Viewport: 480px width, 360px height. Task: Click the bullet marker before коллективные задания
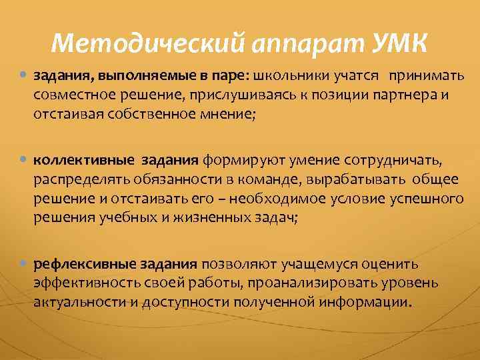[24, 160]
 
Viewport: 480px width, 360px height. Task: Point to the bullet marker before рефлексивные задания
[24, 264]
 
